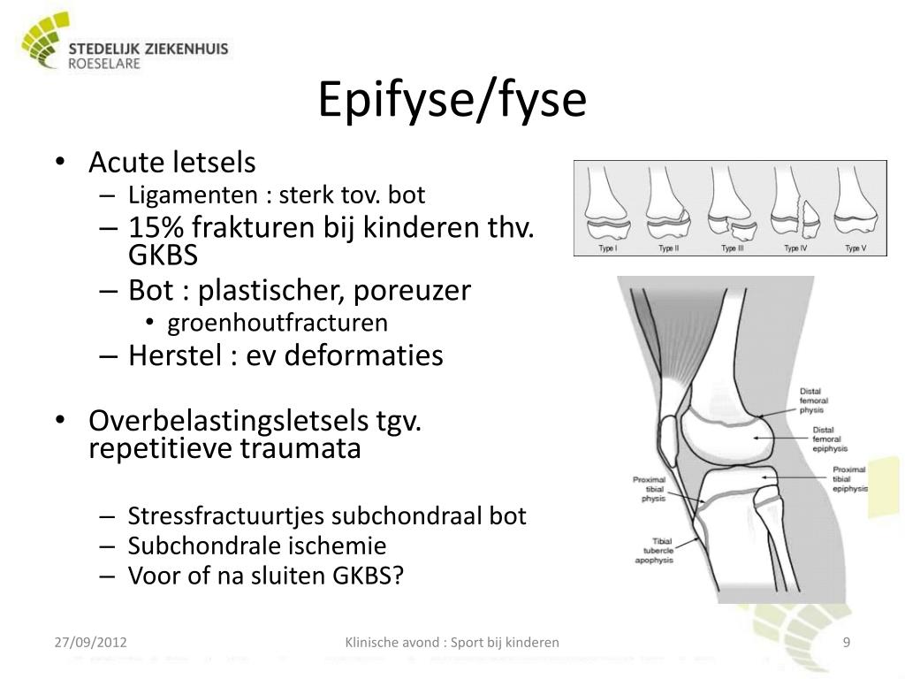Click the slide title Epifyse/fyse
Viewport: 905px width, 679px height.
coord(452,100)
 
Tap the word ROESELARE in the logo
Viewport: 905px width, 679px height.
coord(104,64)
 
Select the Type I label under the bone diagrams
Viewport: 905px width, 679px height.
coord(608,248)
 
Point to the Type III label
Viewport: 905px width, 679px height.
coord(732,248)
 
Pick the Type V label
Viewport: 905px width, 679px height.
coord(855,248)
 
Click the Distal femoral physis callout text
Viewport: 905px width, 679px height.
coord(811,401)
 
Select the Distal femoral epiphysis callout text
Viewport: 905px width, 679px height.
coord(828,439)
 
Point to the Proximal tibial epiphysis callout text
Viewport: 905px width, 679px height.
coord(849,478)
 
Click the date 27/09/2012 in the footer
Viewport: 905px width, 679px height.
coord(90,642)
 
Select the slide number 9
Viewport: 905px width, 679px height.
coord(846,642)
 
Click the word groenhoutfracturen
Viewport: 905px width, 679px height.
coord(278,323)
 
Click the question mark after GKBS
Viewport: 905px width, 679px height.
coord(399,576)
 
